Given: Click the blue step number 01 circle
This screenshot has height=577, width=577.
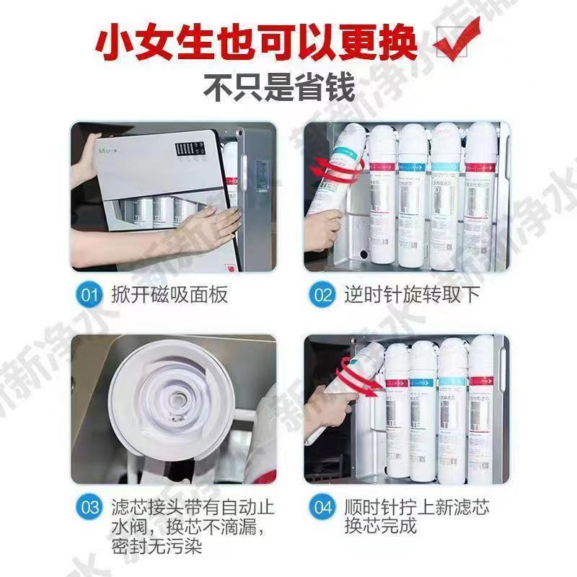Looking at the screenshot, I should tap(90, 295).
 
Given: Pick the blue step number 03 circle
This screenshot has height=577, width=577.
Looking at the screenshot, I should tap(90, 507).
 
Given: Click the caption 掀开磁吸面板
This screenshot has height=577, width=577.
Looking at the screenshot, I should tap(169, 295).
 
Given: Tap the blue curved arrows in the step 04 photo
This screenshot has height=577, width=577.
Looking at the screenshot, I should tap(357, 381).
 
